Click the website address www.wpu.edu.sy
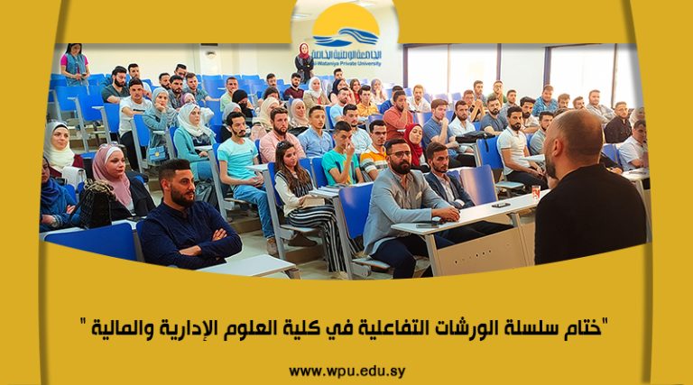pos(346,371)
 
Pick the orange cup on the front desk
pos(536,192)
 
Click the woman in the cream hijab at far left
pos(58,146)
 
